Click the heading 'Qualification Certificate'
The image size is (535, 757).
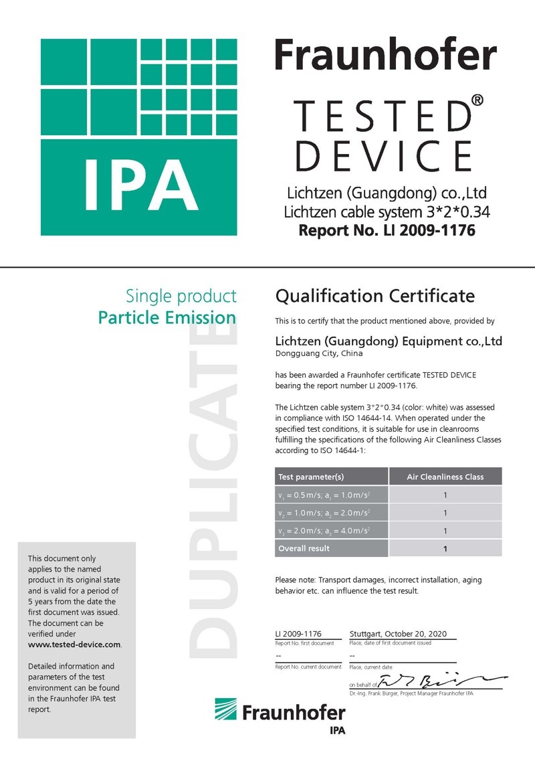tap(374, 296)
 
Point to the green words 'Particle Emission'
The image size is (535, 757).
tap(167, 317)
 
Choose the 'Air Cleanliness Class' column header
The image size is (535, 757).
tap(445, 477)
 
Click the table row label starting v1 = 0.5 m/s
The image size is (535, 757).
tap(324, 495)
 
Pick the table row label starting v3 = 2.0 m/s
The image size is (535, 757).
tap(324, 531)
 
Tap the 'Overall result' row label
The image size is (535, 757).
tap(304, 548)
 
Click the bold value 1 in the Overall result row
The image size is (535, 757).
tap(445, 549)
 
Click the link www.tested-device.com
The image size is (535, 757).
tap(74, 645)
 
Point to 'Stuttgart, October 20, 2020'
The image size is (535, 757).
tap(398, 633)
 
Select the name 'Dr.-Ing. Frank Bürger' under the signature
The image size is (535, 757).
tap(377, 693)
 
